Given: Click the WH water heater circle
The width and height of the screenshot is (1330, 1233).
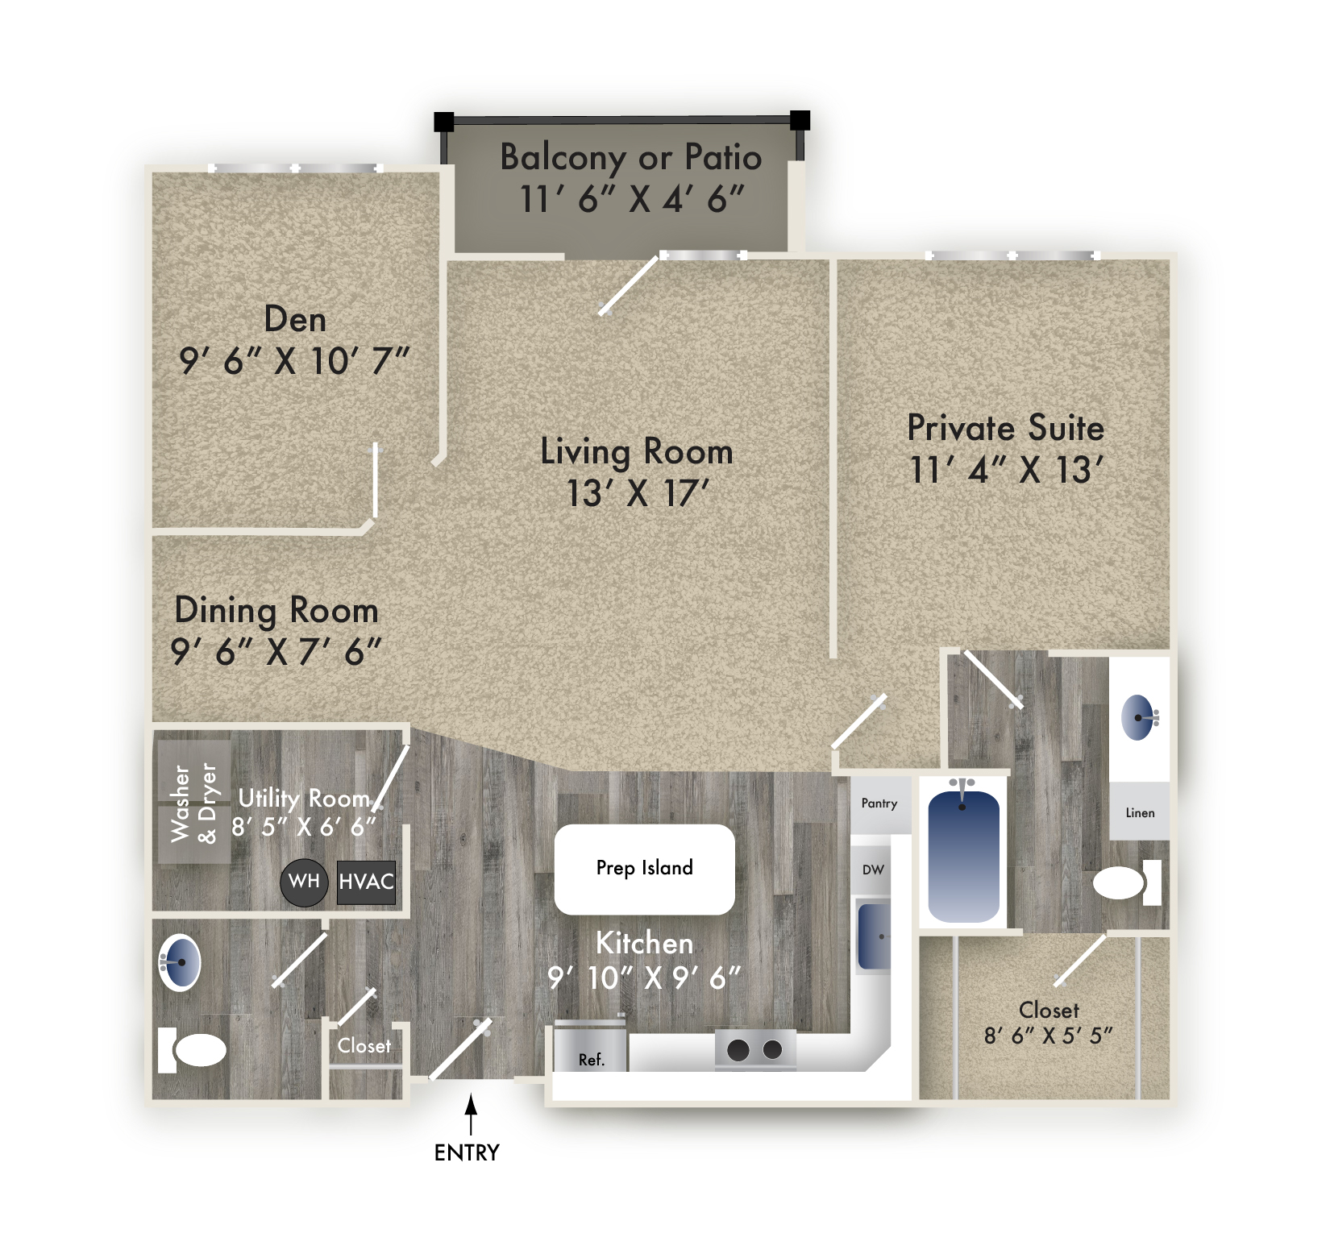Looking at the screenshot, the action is coord(304,882).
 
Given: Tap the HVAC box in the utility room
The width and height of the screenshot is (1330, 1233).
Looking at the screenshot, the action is coord(366,882).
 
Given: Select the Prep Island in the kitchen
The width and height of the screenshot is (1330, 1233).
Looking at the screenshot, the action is coord(644,869).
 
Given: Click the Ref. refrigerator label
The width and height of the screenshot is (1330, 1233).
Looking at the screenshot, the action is coord(591,1060).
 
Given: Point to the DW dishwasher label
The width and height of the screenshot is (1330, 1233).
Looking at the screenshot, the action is coord(873,870).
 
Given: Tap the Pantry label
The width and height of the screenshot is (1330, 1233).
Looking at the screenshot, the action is coord(879,803).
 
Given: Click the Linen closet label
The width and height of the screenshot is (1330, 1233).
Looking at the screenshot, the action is coord(1140,812).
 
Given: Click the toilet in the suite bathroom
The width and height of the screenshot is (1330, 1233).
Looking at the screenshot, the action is coord(1127,882).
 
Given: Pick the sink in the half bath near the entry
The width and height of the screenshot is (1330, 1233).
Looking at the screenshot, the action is coord(180,962).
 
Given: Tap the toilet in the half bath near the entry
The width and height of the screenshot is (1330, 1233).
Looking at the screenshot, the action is coord(192,1050).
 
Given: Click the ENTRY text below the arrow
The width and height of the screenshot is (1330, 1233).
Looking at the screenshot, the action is coord(467,1152).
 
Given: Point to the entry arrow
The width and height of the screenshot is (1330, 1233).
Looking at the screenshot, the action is coord(471,1115).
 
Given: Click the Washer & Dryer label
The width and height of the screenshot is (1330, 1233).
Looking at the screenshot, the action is coord(194,803).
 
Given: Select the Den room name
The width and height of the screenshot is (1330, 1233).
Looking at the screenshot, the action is coord(295,320).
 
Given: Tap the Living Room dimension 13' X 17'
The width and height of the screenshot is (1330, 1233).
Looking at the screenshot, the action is coord(637,493).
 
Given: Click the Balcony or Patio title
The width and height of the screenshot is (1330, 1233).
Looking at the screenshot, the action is coord(630,157).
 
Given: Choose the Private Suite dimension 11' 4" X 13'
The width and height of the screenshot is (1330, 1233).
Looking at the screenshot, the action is coord(1005,470).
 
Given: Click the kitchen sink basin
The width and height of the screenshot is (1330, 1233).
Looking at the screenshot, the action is coord(874,936).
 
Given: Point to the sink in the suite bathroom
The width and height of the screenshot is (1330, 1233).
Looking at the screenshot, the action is coord(1138,717).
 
